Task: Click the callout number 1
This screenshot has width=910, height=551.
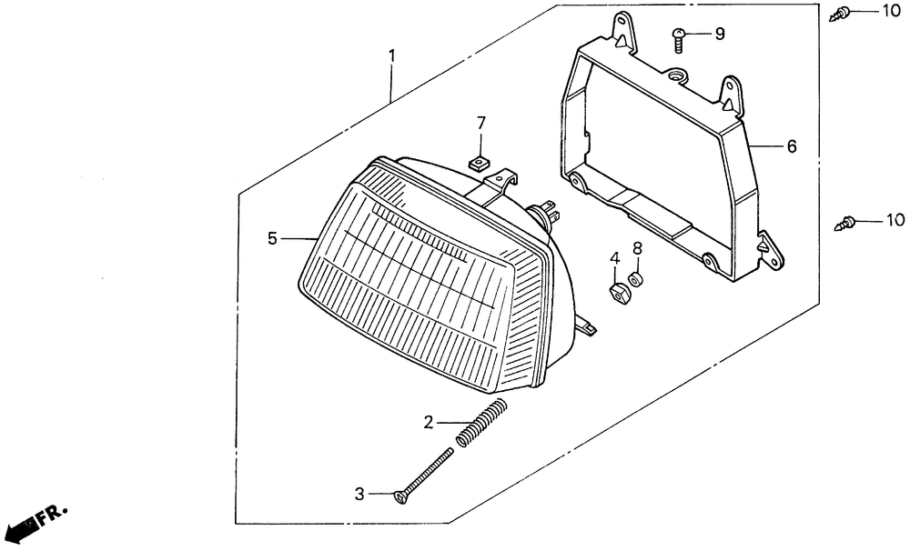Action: click(x=392, y=56)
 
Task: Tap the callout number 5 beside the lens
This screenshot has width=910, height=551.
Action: click(x=272, y=238)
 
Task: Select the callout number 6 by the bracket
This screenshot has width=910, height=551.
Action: click(x=791, y=145)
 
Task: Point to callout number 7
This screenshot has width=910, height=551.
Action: click(x=482, y=123)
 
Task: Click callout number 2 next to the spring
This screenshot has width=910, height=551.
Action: click(x=428, y=422)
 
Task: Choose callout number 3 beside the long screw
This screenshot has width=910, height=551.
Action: click(x=359, y=494)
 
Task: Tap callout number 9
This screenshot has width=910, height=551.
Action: click(x=719, y=35)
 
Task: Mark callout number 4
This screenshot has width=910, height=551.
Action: click(x=614, y=258)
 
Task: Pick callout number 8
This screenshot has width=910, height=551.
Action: click(x=637, y=248)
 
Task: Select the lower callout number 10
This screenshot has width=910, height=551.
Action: click(x=895, y=220)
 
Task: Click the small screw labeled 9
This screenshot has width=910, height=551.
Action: click(x=678, y=37)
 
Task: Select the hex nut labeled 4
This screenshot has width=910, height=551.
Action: click(x=617, y=292)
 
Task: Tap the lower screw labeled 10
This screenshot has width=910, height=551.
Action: click(x=847, y=221)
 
